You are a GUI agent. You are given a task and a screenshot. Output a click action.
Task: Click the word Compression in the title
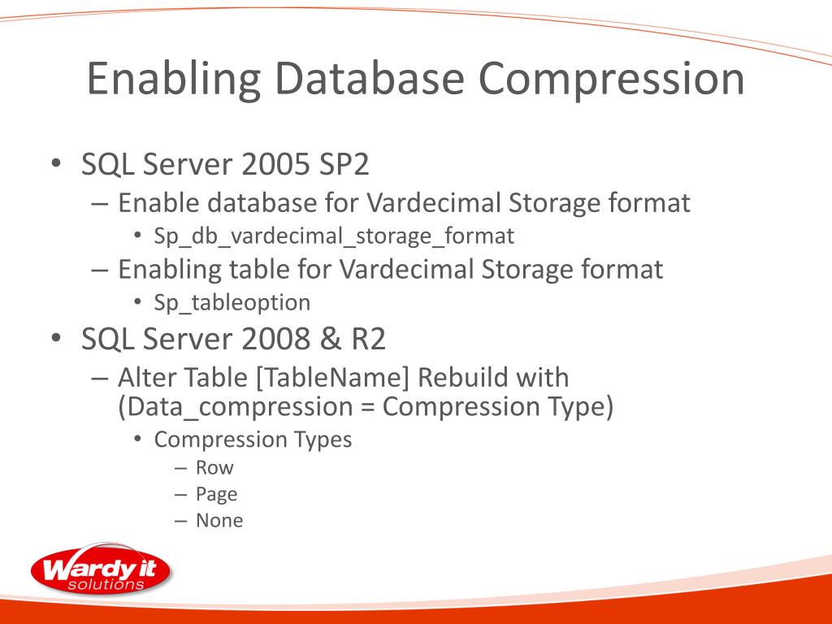point(610,80)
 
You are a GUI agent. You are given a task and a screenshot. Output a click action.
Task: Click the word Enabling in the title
point(173,80)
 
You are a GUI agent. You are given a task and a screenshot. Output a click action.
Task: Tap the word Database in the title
point(369,80)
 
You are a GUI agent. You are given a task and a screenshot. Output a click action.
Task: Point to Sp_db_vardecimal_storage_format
point(334,236)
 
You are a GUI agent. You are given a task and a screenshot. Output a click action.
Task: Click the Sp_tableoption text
point(232,303)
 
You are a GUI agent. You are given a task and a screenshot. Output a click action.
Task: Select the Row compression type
point(214,468)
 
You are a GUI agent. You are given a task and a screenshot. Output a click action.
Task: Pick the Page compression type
point(216,494)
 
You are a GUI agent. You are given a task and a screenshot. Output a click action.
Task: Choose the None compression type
point(219,521)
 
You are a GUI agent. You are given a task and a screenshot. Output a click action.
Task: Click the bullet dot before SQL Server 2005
point(55,164)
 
